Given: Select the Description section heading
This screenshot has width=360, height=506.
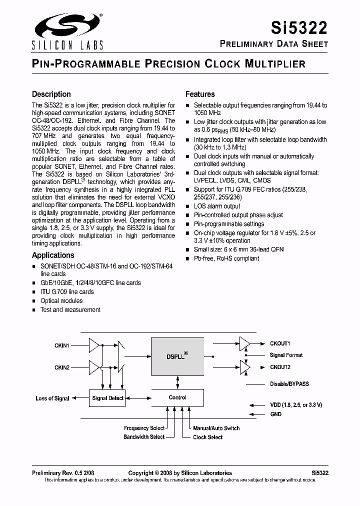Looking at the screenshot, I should [x=51, y=94].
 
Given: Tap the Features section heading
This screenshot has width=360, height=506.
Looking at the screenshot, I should [x=200, y=94].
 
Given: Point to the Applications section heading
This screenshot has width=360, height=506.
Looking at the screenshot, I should [x=53, y=255].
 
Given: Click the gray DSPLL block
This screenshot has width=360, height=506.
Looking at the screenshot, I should [x=177, y=356].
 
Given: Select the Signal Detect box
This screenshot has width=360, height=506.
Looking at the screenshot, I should [x=107, y=398].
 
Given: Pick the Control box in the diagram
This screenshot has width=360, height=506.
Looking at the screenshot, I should [x=177, y=398].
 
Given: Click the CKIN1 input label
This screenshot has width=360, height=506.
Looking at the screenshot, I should [x=62, y=345].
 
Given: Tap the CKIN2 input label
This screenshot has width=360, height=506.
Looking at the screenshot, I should [x=62, y=367].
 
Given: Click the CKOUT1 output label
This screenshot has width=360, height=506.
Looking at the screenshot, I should [x=280, y=343].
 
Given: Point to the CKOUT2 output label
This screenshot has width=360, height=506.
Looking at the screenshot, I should [x=280, y=367].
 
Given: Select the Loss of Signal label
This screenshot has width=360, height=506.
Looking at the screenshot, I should [x=52, y=398].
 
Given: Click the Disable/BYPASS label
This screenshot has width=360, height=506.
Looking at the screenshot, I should [x=289, y=383].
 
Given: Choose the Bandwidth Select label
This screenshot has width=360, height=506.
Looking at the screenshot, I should [x=144, y=437].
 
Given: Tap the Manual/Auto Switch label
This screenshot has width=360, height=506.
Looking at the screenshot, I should [x=216, y=428].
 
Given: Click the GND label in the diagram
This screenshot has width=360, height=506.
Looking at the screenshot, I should [x=275, y=414].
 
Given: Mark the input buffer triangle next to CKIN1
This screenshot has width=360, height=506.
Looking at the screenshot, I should [x=93, y=344].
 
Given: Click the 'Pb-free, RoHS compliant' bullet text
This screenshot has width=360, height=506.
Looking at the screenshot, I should [x=226, y=258].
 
